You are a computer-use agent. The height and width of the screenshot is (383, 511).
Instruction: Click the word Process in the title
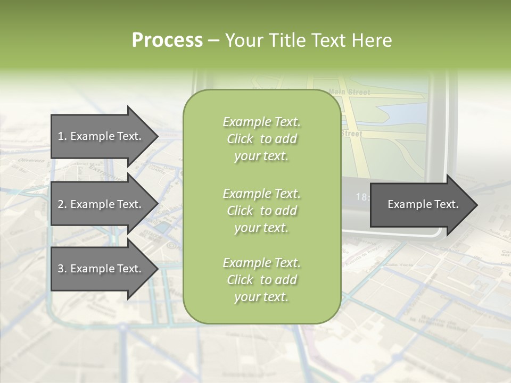coord(167,40)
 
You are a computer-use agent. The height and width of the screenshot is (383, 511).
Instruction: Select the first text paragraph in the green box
coord(261,139)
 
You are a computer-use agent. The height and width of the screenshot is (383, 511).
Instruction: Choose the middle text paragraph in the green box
coord(261,211)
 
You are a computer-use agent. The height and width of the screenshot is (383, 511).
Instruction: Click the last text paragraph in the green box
coord(261,280)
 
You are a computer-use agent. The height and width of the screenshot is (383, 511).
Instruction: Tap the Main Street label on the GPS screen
coord(349,92)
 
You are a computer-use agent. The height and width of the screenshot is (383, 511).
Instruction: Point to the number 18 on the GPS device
coord(361,197)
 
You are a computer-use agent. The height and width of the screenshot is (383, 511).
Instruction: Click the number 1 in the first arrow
coord(60,136)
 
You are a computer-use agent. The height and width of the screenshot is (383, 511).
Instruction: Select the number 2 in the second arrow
coord(61,204)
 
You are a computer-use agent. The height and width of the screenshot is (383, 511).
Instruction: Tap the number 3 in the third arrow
coord(61,269)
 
